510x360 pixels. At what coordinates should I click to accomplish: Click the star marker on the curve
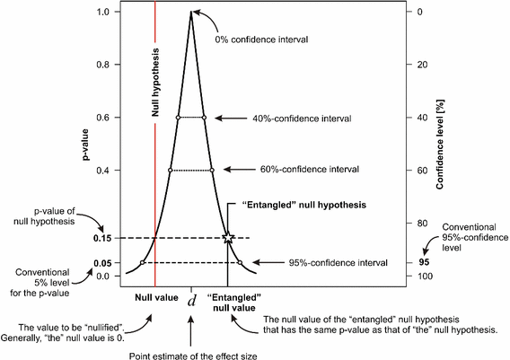click(x=227, y=237)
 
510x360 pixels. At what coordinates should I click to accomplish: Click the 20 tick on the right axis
click(x=419, y=65)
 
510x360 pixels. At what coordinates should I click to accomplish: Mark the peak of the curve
click(x=191, y=12)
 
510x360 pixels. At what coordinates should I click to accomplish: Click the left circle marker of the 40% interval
click(x=178, y=118)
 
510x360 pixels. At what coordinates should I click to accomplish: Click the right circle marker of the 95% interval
click(x=240, y=263)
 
